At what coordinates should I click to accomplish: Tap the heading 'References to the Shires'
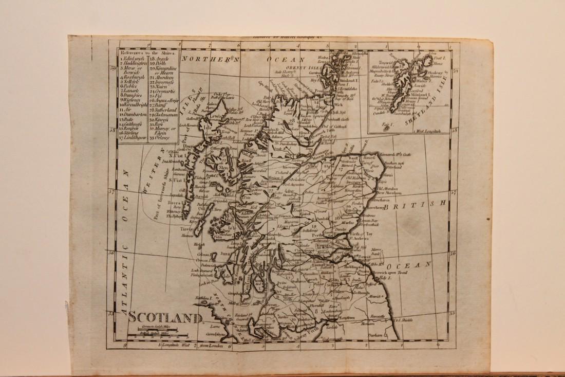coord(147,52)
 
